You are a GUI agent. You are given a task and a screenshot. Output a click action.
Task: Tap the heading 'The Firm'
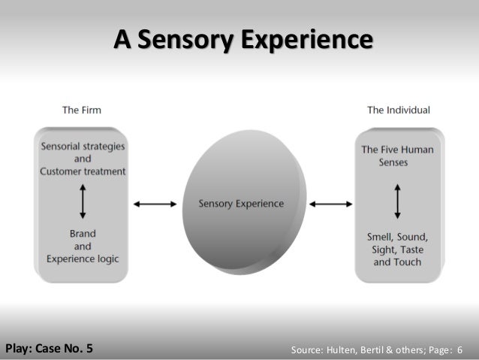[x=82, y=110]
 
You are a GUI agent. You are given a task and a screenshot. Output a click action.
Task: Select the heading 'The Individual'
[x=398, y=110]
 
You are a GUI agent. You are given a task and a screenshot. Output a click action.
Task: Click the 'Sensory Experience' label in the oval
[x=241, y=204]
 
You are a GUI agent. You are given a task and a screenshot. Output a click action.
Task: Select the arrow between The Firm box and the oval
[x=155, y=204]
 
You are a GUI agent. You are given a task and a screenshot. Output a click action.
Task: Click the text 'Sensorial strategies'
[x=83, y=146]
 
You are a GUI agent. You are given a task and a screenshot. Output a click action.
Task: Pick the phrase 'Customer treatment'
[x=83, y=171]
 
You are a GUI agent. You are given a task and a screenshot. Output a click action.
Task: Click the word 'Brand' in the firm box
[x=83, y=233]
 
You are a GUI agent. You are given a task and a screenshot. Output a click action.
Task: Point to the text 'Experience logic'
[x=83, y=259]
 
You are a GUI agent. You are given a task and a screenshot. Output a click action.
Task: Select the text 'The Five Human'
[x=398, y=150]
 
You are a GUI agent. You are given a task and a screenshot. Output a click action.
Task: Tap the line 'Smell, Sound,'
[x=398, y=237]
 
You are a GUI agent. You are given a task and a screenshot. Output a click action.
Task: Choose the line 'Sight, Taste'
[x=398, y=250]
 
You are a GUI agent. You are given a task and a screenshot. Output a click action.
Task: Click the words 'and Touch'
[x=398, y=262]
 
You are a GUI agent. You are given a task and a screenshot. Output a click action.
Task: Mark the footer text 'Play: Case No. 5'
[x=50, y=348]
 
